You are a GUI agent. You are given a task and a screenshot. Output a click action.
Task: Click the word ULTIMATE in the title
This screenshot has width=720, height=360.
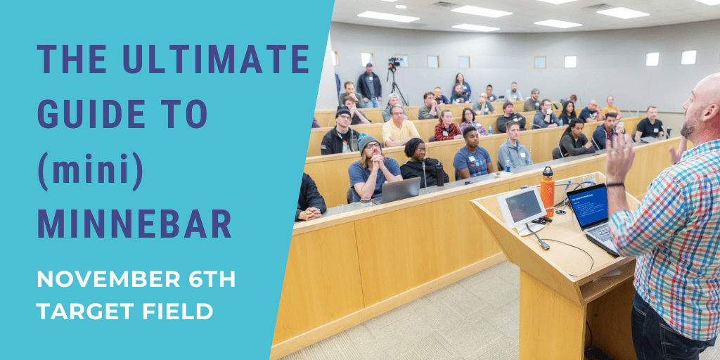(x=216, y=60)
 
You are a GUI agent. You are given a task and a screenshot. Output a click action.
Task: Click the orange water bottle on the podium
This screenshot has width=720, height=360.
(x=547, y=191)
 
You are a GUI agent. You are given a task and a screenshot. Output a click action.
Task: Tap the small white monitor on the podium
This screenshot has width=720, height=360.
(x=522, y=209)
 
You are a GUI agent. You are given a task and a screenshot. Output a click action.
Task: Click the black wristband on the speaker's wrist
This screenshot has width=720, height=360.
(x=615, y=185)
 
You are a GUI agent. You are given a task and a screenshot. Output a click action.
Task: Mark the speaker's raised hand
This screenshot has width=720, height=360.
(x=620, y=157)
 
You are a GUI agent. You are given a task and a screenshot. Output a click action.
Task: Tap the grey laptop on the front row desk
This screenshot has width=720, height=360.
(x=400, y=190)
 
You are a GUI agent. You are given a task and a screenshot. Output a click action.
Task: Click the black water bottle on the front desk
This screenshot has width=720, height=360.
(x=440, y=174)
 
